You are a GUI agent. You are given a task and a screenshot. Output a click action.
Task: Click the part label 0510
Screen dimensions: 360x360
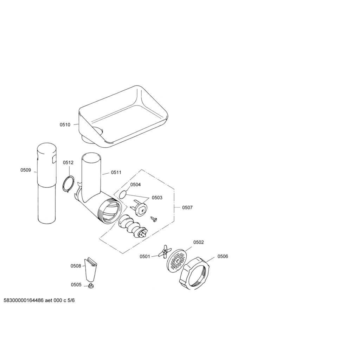pyautogui.click(x=65, y=125)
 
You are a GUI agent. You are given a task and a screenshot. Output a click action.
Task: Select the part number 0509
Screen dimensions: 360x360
pyautogui.click(x=26, y=170)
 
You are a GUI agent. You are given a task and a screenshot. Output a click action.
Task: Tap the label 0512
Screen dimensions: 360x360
pyautogui.click(x=68, y=162)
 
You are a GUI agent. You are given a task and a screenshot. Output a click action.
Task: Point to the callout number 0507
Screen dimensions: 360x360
pyautogui.click(x=187, y=207)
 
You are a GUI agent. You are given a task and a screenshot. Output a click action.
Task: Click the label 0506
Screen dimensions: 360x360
pyautogui.click(x=223, y=256)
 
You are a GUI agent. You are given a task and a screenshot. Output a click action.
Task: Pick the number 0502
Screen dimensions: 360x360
pyautogui.click(x=198, y=243)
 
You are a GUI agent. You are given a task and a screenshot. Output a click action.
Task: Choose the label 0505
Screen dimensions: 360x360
pyautogui.click(x=76, y=285)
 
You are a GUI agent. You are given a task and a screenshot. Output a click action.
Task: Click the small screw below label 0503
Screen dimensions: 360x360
pyautogui.click(x=154, y=219)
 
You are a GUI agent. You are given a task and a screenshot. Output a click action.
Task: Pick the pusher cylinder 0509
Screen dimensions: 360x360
pyautogui.click(x=47, y=184)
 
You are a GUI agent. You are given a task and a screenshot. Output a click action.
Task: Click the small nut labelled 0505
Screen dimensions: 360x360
pyautogui.click(x=91, y=286)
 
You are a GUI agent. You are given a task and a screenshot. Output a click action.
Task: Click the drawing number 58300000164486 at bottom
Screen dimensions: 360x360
pyautogui.click(x=24, y=300)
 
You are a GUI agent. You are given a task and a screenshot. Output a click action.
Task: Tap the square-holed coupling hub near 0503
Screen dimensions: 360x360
pyautogui.click(x=140, y=209)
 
